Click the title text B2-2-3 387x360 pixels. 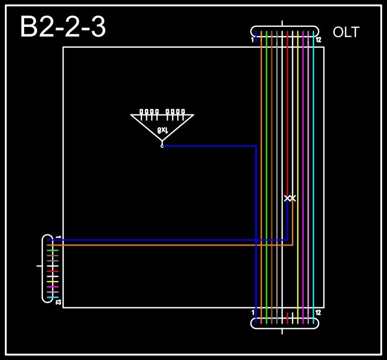click(63, 27)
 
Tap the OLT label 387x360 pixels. click(346, 32)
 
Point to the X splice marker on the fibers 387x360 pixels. click(290, 198)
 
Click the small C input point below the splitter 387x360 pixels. click(162, 145)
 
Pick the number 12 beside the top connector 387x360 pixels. click(318, 40)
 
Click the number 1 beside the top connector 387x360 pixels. click(253, 40)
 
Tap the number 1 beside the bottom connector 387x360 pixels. click(253, 312)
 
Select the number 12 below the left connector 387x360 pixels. click(58, 302)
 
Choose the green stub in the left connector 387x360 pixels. click(53, 250)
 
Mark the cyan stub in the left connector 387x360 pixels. click(53, 298)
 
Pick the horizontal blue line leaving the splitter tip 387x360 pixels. click(210, 146)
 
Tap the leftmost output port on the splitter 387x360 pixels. click(141, 112)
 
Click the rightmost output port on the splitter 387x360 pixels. click(183, 112)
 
